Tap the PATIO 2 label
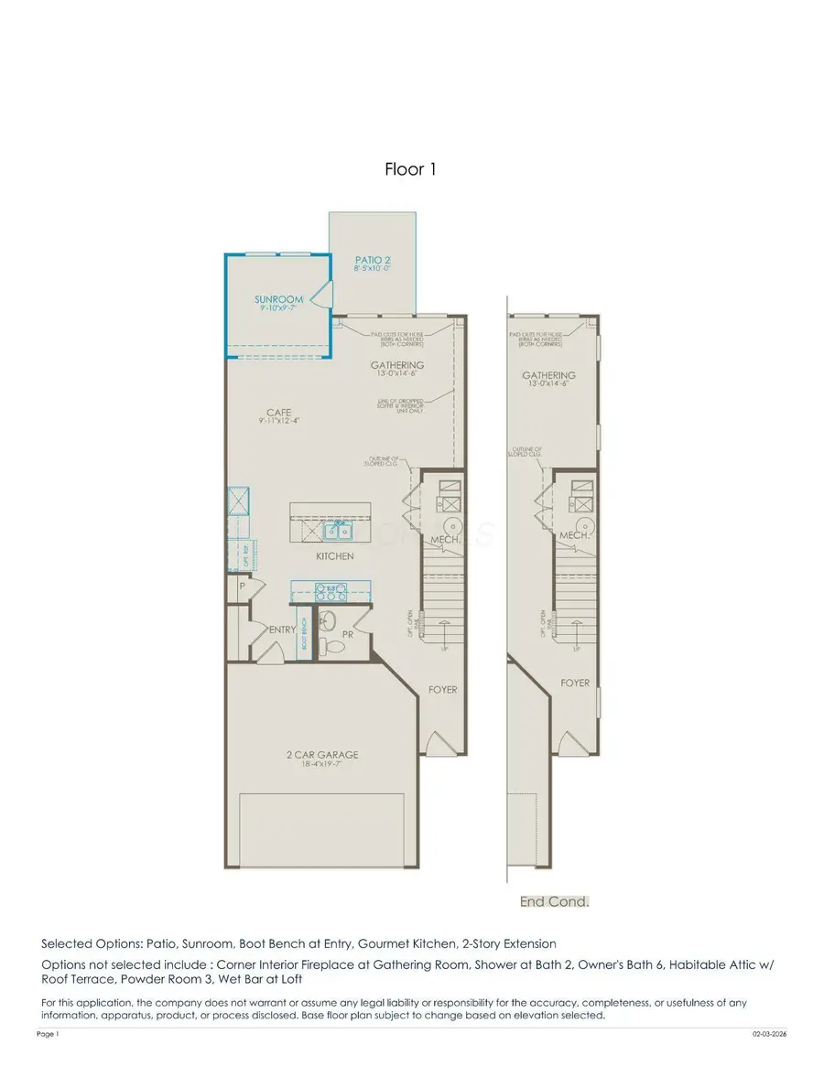tap(373, 261)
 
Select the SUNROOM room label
tap(277, 299)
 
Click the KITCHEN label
tap(334, 556)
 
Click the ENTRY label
tap(281, 630)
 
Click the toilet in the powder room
tap(335, 646)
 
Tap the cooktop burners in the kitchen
tap(331, 590)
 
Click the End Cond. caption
tap(555, 901)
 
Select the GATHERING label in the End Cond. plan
tap(548, 376)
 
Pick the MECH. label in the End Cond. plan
tap(573, 534)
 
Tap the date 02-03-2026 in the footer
tap(768, 1033)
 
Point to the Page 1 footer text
tap(48, 1033)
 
